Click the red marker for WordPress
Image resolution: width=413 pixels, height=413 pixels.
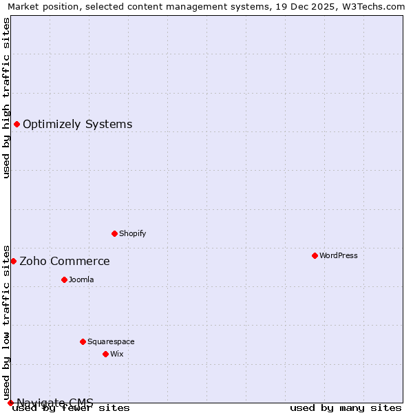(315, 255)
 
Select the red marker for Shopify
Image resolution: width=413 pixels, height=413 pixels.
(114, 233)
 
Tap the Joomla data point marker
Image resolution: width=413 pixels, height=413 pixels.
(64, 279)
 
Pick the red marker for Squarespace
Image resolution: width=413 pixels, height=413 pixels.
(83, 341)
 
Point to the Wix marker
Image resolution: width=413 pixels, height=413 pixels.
(105, 354)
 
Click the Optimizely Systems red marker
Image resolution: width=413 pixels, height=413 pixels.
(17, 124)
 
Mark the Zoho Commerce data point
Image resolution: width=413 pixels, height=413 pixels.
(13, 261)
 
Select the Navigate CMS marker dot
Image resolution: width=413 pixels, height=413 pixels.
(10, 403)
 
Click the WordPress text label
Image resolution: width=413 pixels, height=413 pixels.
(339, 255)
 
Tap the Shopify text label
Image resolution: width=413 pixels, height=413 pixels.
(133, 233)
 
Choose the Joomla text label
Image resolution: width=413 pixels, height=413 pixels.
(81, 279)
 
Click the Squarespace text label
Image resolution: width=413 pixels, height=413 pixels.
(111, 341)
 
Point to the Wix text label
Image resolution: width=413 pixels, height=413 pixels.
(117, 354)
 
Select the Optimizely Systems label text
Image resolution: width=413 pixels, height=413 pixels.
(78, 124)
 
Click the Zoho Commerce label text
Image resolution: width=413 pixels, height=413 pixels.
(65, 261)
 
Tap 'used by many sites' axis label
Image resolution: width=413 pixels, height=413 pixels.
(346, 407)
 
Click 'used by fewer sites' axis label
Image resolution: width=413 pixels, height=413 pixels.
(71, 407)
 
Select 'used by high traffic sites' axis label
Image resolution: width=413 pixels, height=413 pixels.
(7, 98)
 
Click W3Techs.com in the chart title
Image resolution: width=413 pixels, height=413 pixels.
(372, 6)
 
